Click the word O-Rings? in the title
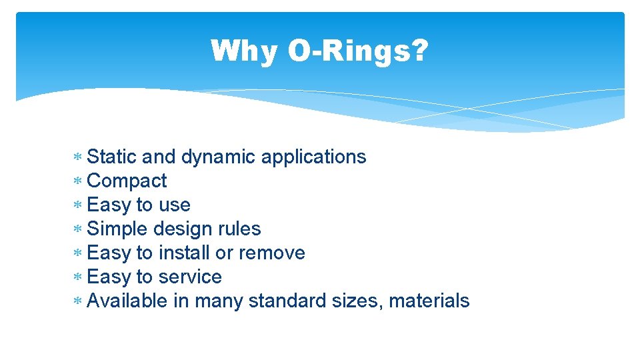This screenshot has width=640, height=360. point(358,51)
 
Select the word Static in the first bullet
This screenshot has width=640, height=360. point(112,157)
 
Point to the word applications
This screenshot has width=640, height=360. point(313,157)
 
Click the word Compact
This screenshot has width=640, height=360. point(127,181)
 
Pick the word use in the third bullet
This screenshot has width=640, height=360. point(175,205)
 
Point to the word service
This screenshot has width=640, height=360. point(190,277)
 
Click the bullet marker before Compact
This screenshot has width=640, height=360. point(77,181)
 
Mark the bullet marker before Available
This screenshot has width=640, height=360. point(77,301)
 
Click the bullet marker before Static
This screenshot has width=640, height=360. point(77,157)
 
